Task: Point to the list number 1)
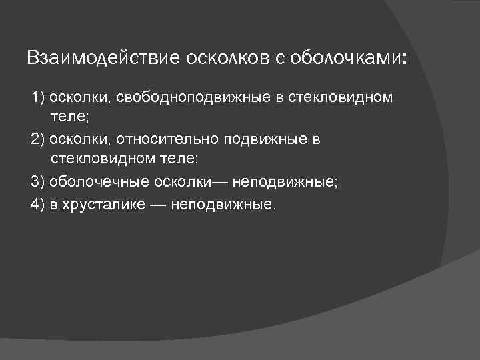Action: pyautogui.click(x=37, y=99)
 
